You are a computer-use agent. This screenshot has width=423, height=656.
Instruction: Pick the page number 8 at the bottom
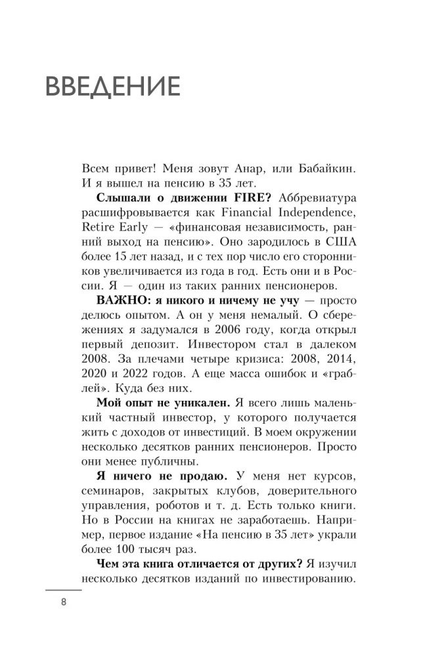tap(64, 604)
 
